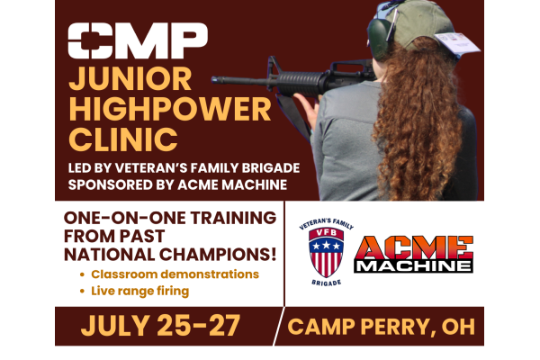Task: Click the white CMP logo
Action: tap(138, 40)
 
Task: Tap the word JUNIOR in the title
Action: tap(130, 79)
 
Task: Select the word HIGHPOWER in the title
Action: tap(170, 109)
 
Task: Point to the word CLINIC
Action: tap(123, 139)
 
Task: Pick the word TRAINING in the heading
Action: tap(233, 218)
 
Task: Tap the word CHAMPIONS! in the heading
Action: tap(218, 255)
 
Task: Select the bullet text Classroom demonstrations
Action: tap(175, 274)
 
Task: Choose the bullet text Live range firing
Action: tap(139, 291)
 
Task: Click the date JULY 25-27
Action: tap(160, 326)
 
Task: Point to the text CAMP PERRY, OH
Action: tap(381, 327)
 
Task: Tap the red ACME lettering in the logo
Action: tap(414, 247)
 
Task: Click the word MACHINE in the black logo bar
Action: tap(414, 265)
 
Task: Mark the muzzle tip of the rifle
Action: tap(212, 80)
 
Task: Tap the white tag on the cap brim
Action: tap(457, 44)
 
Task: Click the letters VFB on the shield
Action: tap(326, 232)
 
